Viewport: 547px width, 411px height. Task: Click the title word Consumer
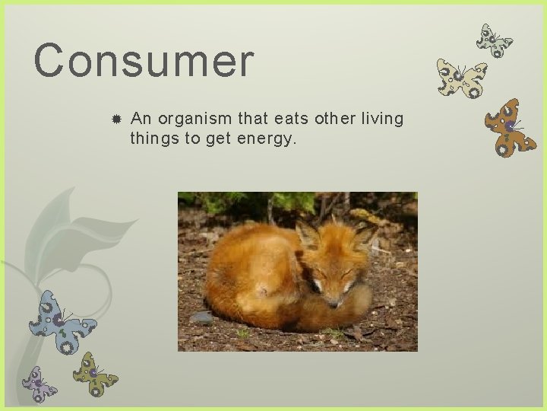[x=144, y=61]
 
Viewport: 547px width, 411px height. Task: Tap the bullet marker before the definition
[x=115, y=120]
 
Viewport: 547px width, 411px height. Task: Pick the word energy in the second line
[x=265, y=139]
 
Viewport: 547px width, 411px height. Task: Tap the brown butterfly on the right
[x=509, y=127]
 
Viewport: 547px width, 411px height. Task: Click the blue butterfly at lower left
[x=61, y=321]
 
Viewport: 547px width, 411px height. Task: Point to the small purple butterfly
[x=39, y=384]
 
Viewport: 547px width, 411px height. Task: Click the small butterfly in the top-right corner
[x=494, y=41]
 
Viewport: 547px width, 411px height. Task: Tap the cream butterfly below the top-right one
[x=460, y=79]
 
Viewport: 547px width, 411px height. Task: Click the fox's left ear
[x=308, y=235]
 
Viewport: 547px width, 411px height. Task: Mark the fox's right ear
[x=365, y=235]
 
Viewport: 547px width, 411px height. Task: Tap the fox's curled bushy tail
[x=342, y=308]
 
